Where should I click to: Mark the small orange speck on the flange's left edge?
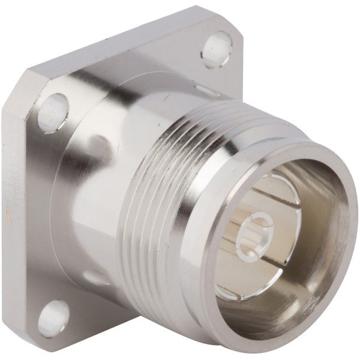(8, 214)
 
